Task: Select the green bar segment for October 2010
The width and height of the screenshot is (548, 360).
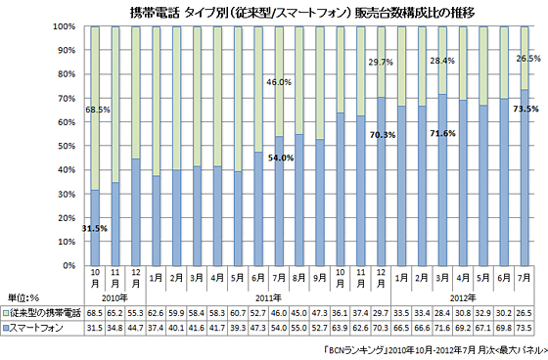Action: pyautogui.click(x=95, y=108)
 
